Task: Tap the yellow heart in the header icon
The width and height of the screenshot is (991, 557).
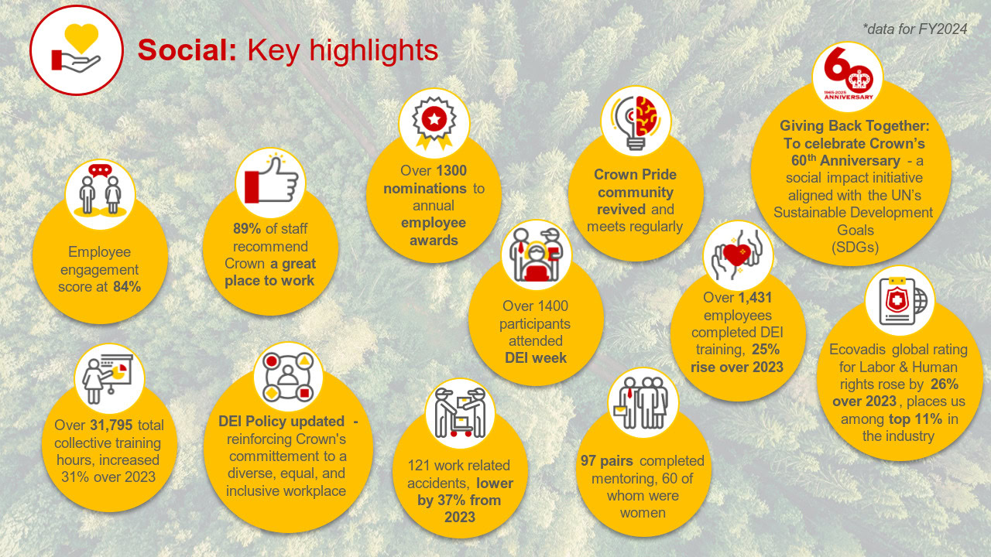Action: (x=81, y=38)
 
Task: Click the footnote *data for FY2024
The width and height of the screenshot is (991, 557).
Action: (x=915, y=29)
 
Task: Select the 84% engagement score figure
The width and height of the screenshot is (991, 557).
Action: (x=127, y=286)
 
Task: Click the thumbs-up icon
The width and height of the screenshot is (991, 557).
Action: (x=271, y=182)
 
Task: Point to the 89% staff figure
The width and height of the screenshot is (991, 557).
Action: (x=247, y=228)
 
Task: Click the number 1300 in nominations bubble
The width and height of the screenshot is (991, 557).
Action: (x=451, y=171)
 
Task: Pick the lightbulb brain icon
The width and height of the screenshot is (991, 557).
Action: (x=636, y=121)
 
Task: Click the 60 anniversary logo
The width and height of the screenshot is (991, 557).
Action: (x=848, y=75)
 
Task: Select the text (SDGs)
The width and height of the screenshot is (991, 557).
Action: (x=856, y=247)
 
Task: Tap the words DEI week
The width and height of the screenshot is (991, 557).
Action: (x=535, y=357)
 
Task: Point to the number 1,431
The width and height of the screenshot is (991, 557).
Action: (x=754, y=298)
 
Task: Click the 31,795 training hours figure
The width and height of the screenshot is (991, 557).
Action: (x=111, y=425)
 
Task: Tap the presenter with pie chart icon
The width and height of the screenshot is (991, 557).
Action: (x=109, y=378)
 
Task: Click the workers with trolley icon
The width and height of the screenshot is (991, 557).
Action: (x=460, y=413)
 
